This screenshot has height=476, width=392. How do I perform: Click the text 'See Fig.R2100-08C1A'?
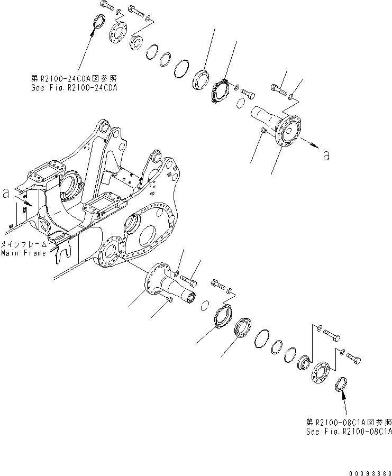pos(349,431)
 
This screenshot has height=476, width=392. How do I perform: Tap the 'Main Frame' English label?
pos(23,253)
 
